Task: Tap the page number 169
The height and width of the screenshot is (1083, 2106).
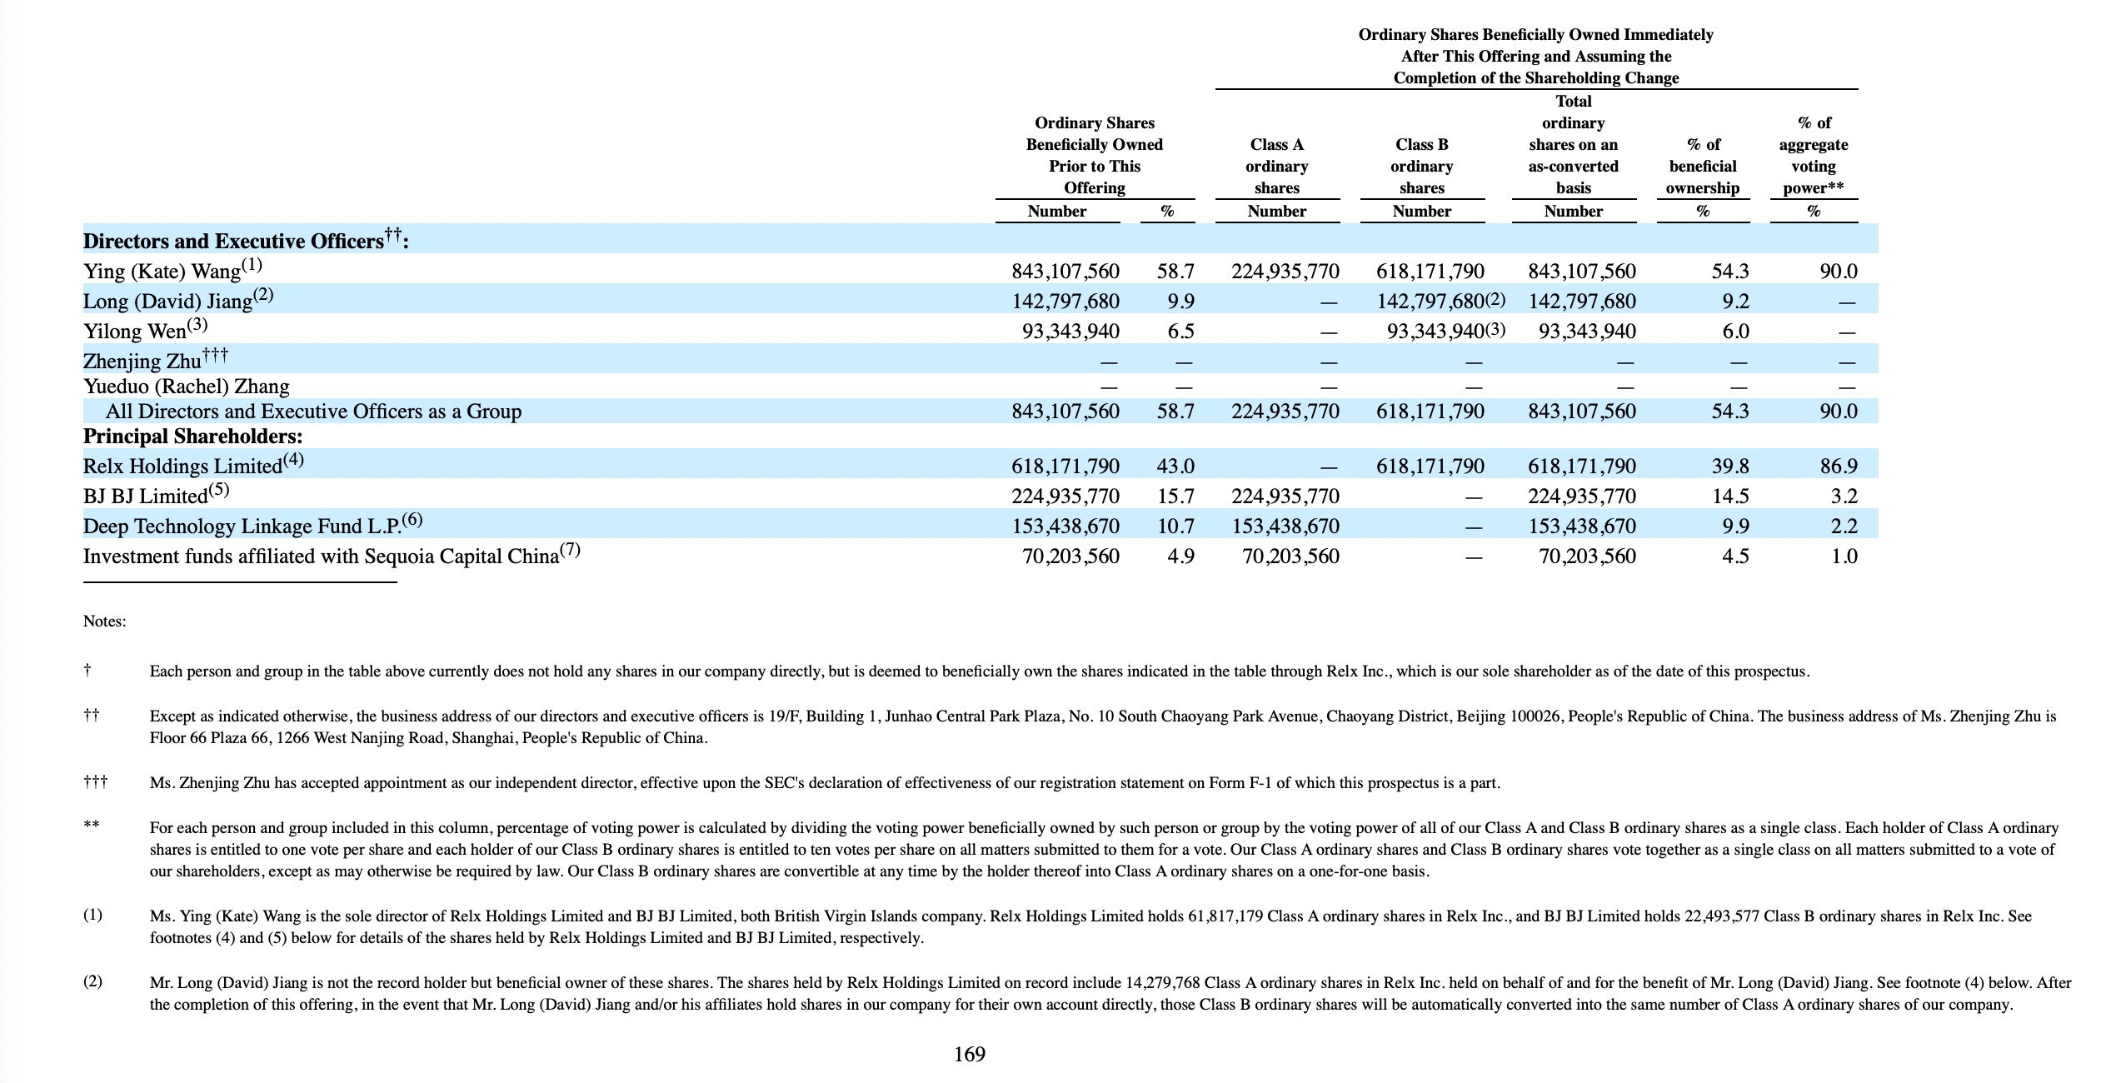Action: pos(969,1055)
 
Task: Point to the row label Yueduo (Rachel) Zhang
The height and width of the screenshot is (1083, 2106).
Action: pos(186,387)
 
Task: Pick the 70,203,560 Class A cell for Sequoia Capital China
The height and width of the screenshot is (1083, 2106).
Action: pos(1290,556)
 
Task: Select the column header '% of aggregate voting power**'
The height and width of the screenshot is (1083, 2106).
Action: pos(1814,156)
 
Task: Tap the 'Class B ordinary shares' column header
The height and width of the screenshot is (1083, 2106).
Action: pos(1421,167)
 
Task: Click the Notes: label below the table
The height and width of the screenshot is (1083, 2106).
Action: pos(104,621)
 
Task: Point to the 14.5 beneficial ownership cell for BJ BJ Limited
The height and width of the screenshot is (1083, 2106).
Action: pos(1729,497)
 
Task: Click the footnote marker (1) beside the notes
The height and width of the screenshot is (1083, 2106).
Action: pos(92,915)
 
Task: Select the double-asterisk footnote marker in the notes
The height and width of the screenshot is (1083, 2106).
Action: pos(91,826)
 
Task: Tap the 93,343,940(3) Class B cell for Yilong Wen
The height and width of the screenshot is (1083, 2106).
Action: pos(1445,332)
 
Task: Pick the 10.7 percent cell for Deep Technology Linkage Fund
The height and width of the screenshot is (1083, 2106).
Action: pos(1175,527)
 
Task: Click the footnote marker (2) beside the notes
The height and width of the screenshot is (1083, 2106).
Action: pos(92,981)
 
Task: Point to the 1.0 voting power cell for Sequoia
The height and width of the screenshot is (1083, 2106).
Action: pos(1844,556)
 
